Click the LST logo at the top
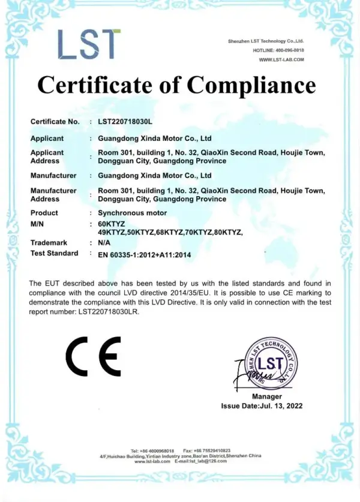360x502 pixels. pos(89,44)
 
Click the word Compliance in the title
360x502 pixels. pos(251,85)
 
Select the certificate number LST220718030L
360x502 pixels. pos(125,122)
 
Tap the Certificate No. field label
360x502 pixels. pos(55,122)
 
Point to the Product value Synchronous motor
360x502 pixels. pos(132,213)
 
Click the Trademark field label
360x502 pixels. pos(49,243)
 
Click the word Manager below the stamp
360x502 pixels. pos(267,396)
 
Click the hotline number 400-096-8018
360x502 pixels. pos(290,50)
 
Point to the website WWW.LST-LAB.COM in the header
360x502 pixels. pos(281,59)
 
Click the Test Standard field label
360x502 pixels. pos(54,253)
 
